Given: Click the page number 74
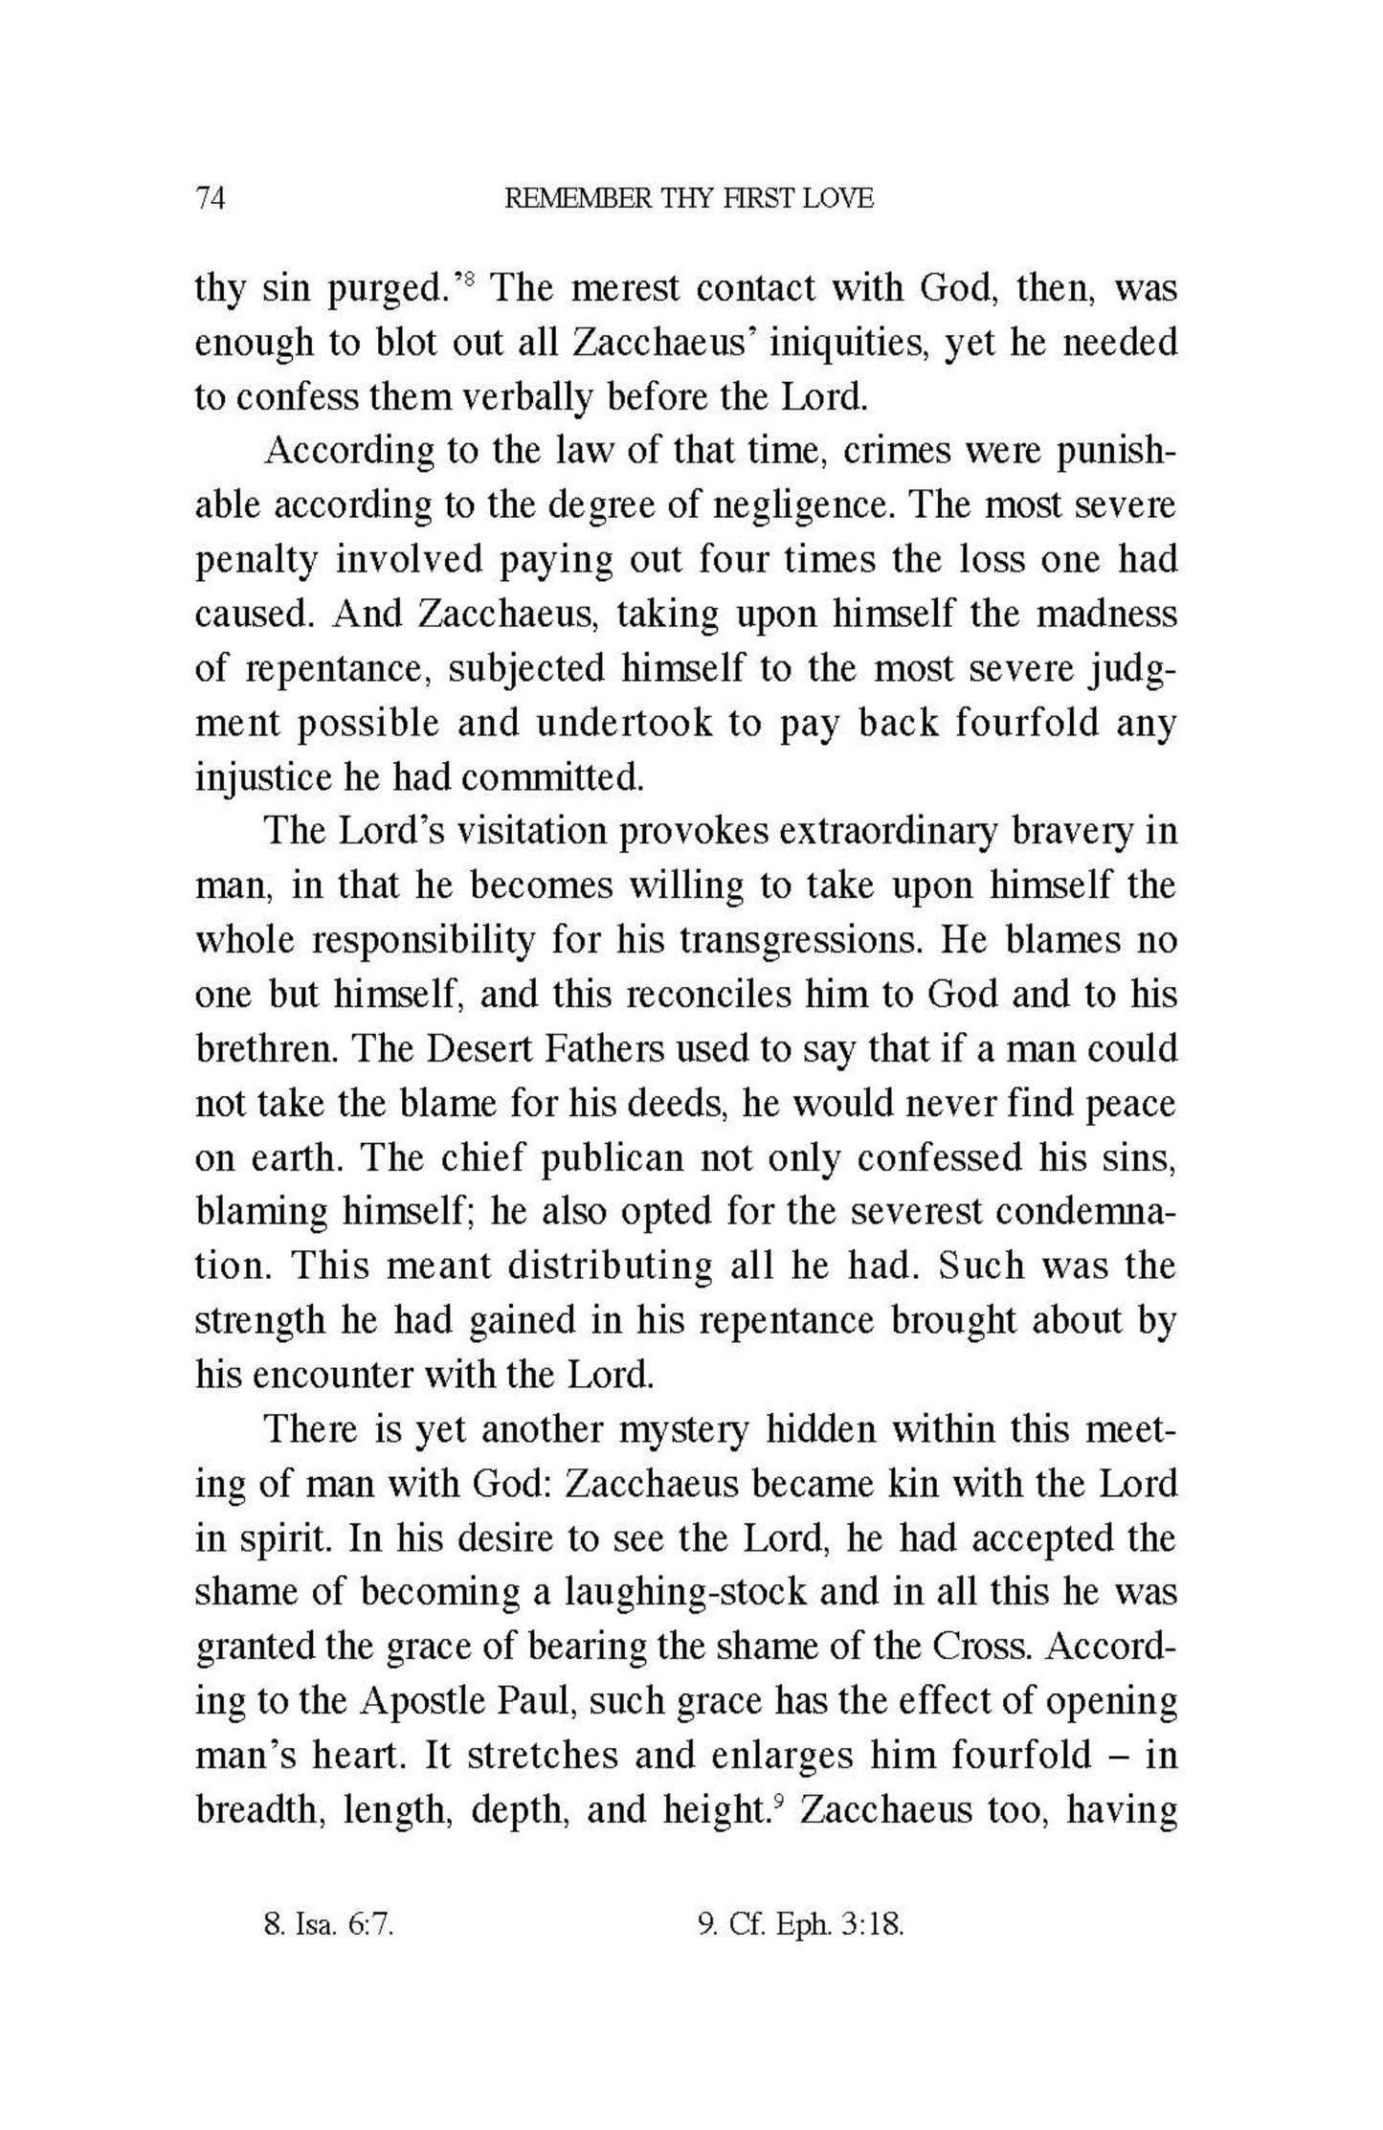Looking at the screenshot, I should click(210, 199).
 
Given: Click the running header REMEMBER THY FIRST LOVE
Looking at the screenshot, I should click(688, 199).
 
